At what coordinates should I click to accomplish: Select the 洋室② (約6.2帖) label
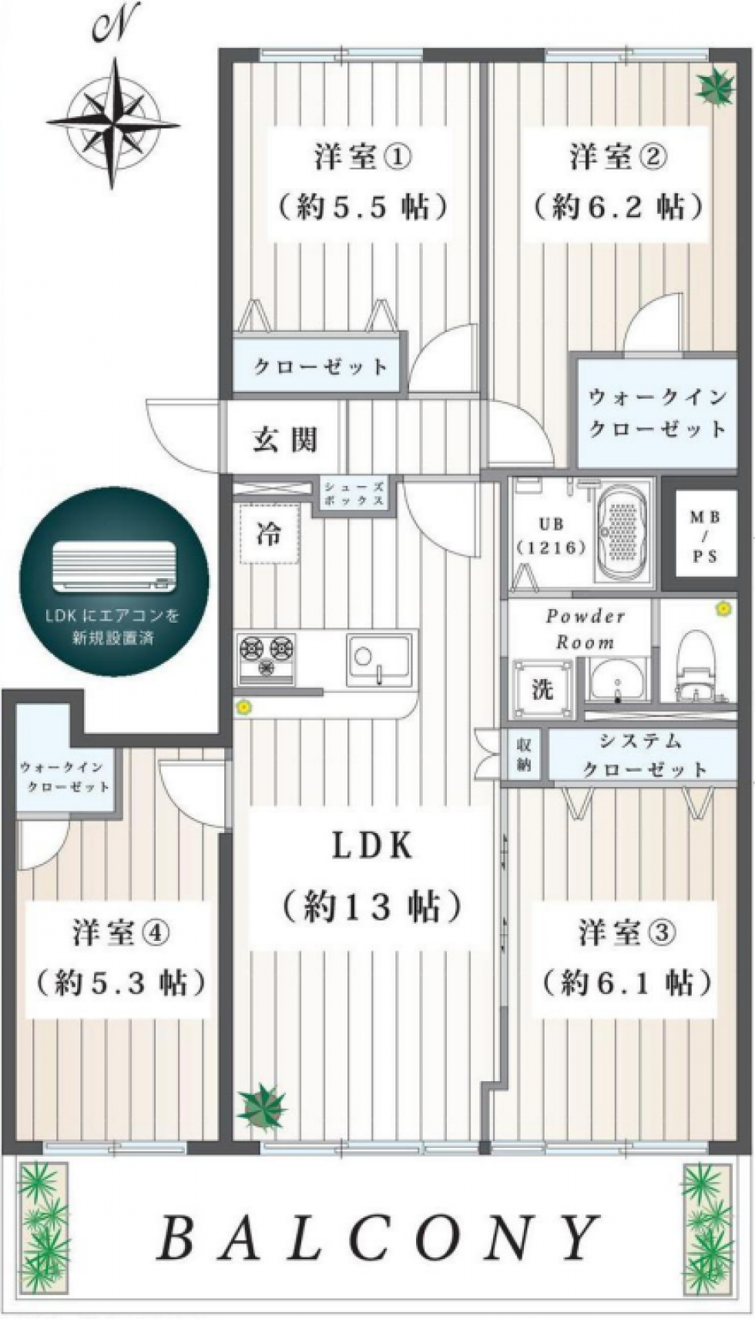tap(618, 182)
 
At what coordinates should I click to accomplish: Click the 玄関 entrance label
tap(285, 439)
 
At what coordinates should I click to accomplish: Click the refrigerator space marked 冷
tap(270, 534)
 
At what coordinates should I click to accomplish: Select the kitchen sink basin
tap(379, 658)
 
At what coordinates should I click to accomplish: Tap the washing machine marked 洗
tap(542, 690)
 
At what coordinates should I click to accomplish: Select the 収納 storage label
tap(525, 755)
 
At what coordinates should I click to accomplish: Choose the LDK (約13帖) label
tap(371, 877)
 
